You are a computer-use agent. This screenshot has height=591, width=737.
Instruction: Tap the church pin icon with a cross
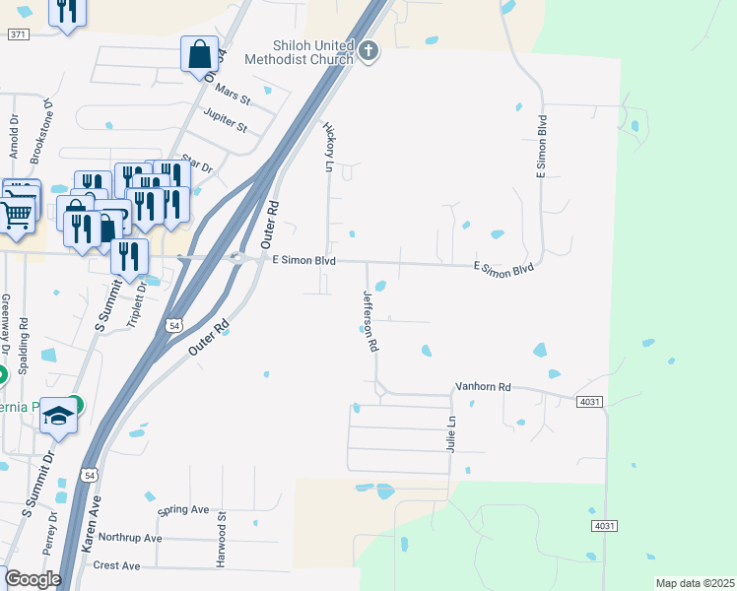368,50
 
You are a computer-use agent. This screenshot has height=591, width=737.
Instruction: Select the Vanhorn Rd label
483,388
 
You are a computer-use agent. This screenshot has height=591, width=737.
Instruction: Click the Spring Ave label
183,510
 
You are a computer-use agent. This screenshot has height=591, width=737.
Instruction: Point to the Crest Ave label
116,565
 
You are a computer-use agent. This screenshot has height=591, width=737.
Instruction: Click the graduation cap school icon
58,417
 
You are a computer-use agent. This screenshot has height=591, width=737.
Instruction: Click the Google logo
33,579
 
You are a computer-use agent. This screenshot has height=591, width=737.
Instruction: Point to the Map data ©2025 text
695,583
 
